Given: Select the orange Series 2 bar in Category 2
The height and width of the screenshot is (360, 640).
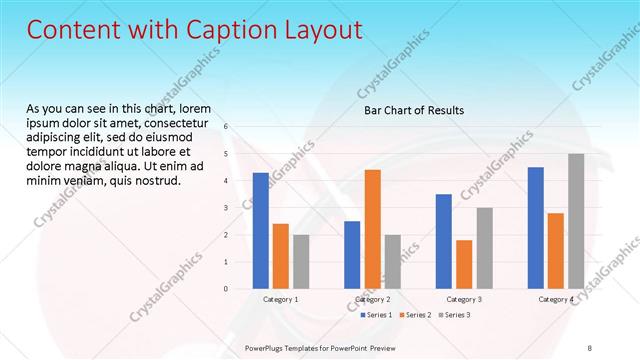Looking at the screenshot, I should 372,229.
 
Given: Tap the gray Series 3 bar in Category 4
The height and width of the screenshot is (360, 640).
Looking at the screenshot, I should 576,221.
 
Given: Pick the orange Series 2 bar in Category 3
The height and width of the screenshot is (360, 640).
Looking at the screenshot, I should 464,264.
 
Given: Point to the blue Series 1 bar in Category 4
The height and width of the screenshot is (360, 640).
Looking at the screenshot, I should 536,228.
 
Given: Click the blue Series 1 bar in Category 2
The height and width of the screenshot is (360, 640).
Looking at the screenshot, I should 352,255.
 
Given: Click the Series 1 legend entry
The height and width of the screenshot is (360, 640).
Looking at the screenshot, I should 375,315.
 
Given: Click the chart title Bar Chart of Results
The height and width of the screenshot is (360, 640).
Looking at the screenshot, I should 413,110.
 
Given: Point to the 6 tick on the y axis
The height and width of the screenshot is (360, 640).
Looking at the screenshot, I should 227,127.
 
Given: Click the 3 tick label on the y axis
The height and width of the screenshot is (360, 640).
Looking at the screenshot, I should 227,208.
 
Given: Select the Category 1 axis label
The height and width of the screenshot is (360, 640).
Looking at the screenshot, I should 281,299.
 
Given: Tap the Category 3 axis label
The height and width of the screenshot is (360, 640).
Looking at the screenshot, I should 464,299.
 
